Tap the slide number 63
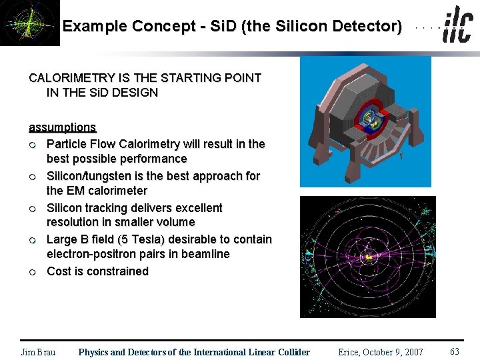click(x=455, y=351)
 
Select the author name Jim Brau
click(x=38, y=352)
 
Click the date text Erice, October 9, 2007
click(x=380, y=352)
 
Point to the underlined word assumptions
click(x=62, y=127)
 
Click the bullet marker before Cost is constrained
click(x=32, y=272)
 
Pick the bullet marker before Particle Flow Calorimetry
click(x=32, y=145)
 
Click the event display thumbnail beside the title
click(x=29, y=23)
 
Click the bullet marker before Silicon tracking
click(x=32, y=209)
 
